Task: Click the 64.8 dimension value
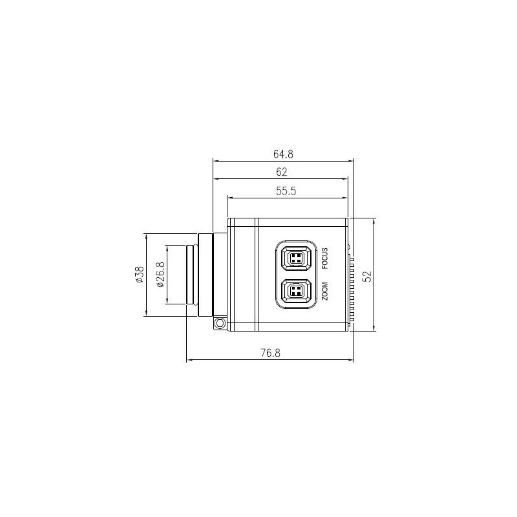click(x=283, y=154)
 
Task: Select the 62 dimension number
click(x=281, y=172)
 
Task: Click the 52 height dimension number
click(x=366, y=275)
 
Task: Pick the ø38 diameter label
click(x=138, y=275)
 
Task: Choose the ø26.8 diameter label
click(x=160, y=275)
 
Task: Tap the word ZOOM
click(x=325, y=292)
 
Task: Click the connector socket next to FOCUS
click(x=295, y=258)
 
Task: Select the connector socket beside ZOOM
click(x=295, y=292)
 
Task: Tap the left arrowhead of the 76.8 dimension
click(x=189, y=360)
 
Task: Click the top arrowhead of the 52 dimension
click(x=374, y=221)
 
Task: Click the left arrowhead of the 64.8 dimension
click(x=216, y=161)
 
